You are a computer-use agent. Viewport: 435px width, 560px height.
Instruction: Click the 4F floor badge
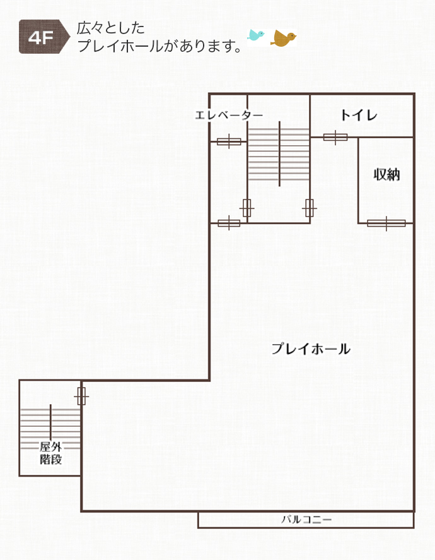point(44,37)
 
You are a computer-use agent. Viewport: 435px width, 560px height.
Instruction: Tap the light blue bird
point(256,35)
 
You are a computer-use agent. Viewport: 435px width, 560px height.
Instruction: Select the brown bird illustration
point(284,39)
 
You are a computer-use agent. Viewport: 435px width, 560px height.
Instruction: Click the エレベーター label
point(229,115)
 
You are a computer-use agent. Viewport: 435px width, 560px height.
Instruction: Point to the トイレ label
point(359,115)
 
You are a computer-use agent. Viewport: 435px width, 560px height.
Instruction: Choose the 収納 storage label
point(386,175)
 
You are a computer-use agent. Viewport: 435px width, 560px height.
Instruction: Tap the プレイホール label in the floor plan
point(311,349)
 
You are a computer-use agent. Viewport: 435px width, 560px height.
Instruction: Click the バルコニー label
point(306,520)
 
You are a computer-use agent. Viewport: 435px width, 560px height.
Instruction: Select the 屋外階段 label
point(50,453)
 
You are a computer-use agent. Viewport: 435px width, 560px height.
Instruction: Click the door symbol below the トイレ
point(335,137)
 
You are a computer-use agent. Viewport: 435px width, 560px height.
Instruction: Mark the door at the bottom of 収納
point(386,223)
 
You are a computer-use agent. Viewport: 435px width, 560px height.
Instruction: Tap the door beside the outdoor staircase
point(81,396)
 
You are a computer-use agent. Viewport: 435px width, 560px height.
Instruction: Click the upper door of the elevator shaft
point(229,142)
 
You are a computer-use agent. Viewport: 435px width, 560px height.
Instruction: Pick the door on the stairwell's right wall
point(309,208)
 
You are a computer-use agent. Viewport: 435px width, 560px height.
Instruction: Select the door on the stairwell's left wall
point(246,208)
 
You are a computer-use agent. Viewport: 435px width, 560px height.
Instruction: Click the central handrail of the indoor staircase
point(279,154)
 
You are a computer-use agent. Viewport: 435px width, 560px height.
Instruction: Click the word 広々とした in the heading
point(111,28)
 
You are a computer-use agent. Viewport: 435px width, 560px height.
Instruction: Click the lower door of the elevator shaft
point(229,223)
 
